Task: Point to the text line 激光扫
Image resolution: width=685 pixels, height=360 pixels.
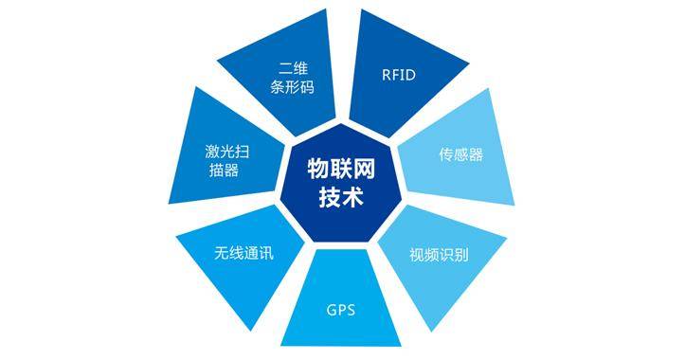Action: coord(227,150)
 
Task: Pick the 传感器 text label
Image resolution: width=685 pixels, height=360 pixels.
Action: coord(460,153)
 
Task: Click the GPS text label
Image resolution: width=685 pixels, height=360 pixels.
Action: coord(341,309)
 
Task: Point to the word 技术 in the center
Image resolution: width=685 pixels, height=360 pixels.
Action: coord(342,197)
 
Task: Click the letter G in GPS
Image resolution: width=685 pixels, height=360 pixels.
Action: coord(331,309)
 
